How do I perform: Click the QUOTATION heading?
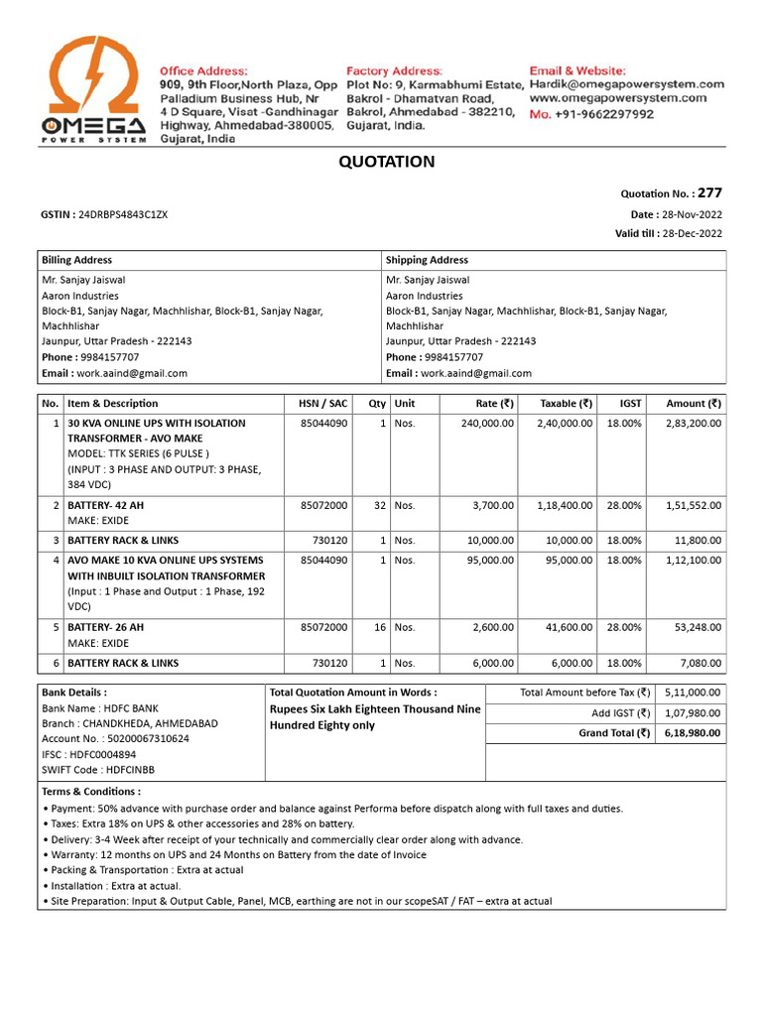tap(387, 162)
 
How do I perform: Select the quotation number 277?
tap(709, 193)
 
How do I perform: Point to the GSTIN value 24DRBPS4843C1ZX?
tap(123, 214)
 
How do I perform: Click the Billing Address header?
tap(76, 260)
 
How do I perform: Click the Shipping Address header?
tap(427, 260)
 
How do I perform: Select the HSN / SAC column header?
tap(323, 404)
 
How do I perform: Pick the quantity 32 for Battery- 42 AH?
tap(380, 505)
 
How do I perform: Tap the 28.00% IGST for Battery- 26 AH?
tap(624, 627)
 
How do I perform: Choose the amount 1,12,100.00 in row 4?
tap(694, 560)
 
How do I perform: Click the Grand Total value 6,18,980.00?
tap(694, 733)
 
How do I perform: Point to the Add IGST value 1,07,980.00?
tap(694, 713)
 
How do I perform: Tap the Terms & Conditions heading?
tap(91, 792)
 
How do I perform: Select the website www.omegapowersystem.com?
tap(617, 99)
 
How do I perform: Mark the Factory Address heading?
tap(394, 71)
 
